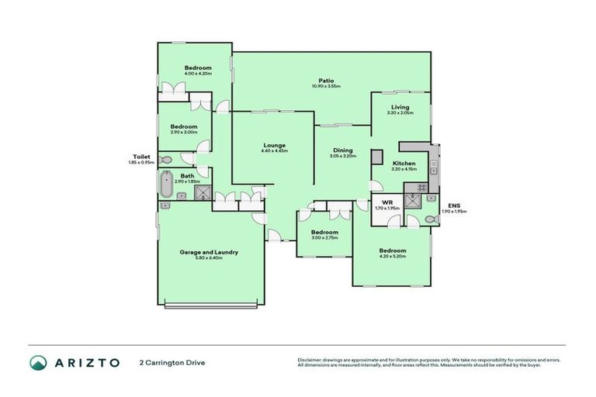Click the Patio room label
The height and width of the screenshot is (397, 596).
[x=326, y=80]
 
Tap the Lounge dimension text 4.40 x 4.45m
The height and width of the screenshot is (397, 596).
[x=274, y=151]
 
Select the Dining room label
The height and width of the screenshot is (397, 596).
[x=342, y=150]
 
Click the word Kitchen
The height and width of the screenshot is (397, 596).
[x=404, y=164]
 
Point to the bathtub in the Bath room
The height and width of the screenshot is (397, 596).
[x=165, y=185]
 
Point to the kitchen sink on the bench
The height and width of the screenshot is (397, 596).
[x=435, y=163]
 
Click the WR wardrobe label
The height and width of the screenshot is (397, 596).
[x=386, y=202]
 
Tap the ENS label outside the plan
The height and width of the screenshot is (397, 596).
[x=455, y=205]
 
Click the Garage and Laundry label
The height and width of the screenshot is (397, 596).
[x=209, y=252]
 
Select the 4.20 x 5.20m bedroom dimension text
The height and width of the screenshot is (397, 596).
[x=392, y=257]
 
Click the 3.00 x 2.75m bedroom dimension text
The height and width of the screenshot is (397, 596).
[x=324, y=239]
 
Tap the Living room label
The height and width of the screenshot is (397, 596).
[x=400, y=107]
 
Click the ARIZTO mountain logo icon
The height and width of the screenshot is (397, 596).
[x=38, y=363]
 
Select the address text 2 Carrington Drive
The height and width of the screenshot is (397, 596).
[x=172, y=363]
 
